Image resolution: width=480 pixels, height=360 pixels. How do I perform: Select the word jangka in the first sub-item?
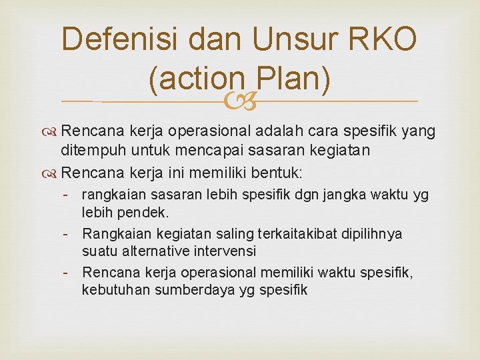click(x=340, y=195)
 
